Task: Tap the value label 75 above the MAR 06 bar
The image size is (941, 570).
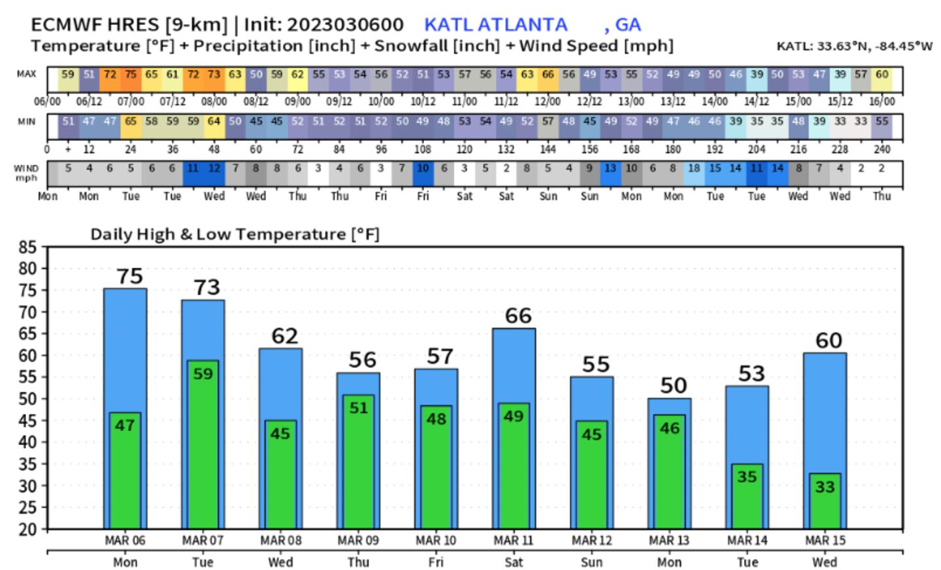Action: click(129, 277)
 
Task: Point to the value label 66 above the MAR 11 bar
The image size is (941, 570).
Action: click(518, 316)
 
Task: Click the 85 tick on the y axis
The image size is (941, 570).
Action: click(28, 248)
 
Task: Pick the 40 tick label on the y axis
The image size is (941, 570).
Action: click(28, 443)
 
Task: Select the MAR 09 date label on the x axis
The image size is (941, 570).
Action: click(358, 541)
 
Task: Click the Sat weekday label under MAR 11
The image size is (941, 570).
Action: click(514, 562)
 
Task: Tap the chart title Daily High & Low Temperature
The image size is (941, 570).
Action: click(235, 234)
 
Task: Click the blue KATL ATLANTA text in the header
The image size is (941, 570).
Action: click(495, 25)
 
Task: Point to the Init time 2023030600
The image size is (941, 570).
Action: click(345, 25)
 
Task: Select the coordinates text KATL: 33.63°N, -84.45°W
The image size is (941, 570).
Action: click(854, 46)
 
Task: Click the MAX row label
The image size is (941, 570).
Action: click(27, 74)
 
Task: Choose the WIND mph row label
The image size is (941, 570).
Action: click(26, 173)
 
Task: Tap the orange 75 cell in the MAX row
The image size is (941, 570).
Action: click(131, 75)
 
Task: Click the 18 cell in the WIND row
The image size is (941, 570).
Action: click(693, 169)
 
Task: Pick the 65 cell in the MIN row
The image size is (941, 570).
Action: click(131, 122)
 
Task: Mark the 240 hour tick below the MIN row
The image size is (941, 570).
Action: click(882, 149)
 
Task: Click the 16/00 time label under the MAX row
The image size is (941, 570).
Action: click(882, 101)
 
